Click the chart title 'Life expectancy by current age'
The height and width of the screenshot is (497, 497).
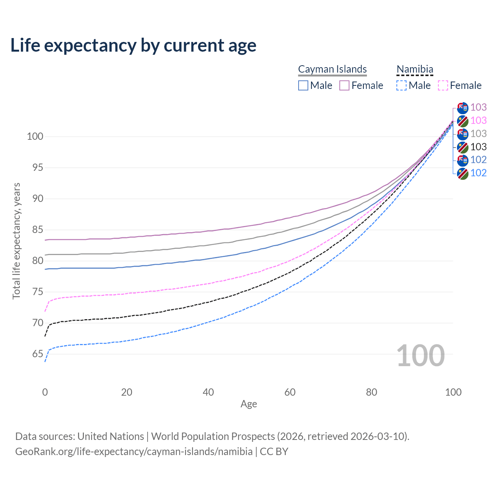tap(133, 45)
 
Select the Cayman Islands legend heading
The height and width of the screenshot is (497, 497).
tap(332, 69)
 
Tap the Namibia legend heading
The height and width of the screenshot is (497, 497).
tap(415, 69)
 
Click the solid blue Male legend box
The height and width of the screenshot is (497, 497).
tap(303, 85)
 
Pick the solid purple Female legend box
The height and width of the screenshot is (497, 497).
tap(344, 85)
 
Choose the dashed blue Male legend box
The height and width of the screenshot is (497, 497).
tap(401, 85)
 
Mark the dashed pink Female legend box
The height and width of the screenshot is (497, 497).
tap(443, 85)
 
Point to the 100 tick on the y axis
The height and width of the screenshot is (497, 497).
tap(35, 137)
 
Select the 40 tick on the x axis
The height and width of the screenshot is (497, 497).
tap(209, 392)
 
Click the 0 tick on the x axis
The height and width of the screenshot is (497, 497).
tap(45, 392)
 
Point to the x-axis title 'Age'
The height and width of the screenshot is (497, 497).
tap(249, 404)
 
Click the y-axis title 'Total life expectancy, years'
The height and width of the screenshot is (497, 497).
tap(16, 241)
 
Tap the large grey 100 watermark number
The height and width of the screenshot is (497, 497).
tap(421, 356)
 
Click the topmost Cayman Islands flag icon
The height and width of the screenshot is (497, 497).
tap(462, 108)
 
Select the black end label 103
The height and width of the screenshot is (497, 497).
tap(478, 147)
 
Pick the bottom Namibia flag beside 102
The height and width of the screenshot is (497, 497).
tap(462, 173)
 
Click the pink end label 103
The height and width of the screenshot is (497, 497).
tap(478, 121)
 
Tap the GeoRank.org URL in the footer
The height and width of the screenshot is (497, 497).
tap(134, 452)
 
